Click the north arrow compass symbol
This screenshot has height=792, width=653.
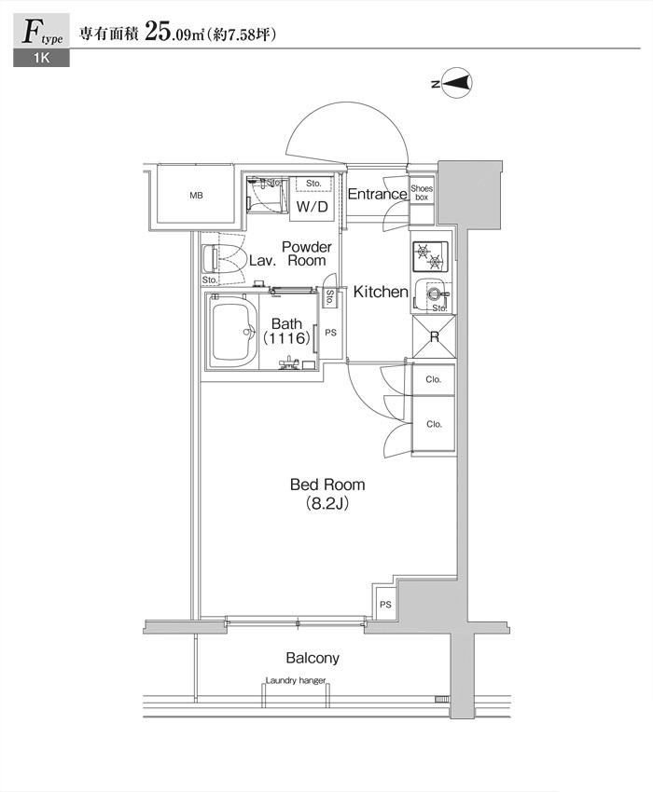457,83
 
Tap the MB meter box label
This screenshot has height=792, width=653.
196,195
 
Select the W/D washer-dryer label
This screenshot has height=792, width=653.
313,207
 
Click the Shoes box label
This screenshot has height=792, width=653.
422,193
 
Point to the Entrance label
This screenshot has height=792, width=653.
377,194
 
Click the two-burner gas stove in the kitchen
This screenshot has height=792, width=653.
430,256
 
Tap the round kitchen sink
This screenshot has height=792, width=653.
433,293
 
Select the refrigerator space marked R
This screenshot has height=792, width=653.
435,336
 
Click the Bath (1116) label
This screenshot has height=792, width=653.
286,331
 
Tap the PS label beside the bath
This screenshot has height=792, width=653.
331,333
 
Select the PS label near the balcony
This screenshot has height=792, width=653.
385,604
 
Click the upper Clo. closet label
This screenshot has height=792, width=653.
434,379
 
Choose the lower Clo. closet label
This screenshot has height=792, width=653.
434,424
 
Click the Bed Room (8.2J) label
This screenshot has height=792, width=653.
327,494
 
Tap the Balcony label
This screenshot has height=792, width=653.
313,658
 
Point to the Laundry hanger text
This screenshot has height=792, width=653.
296,680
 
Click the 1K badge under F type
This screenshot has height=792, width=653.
41,58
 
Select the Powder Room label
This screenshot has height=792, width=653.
307,253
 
